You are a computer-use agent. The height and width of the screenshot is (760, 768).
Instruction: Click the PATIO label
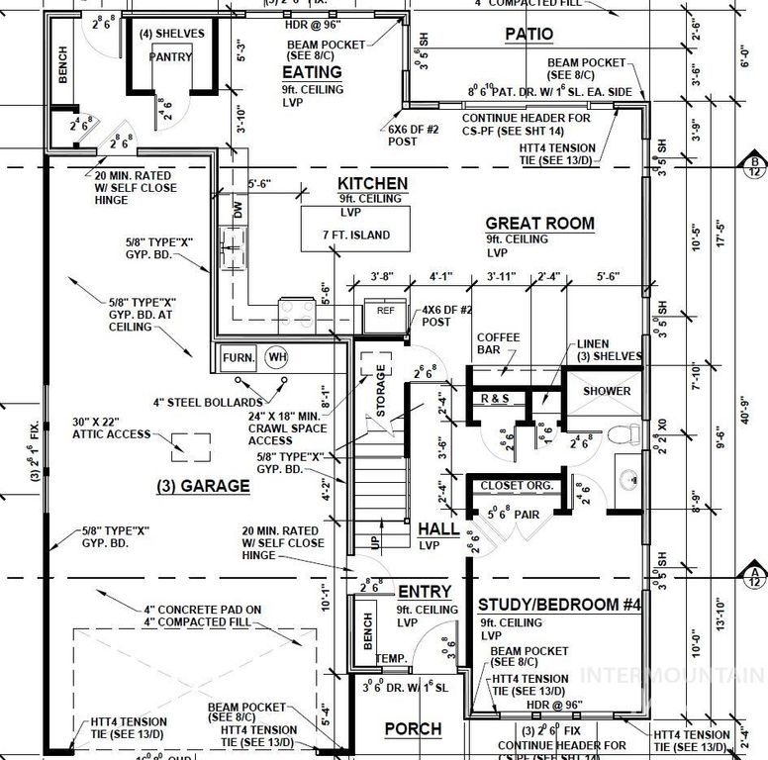[x=529, y=34]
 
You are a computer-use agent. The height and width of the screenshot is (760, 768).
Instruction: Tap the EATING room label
[x=312, y=72]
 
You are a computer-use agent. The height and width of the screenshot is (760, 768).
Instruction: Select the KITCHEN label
[x=372, y=183]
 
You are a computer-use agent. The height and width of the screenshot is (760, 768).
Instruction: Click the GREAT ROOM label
[x=540, y=223]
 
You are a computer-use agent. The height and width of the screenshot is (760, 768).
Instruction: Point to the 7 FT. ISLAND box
[x=356, y=235]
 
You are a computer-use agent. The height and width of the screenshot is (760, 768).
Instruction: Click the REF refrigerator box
[x=385, y=309]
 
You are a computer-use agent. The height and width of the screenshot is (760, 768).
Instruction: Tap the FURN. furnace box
[x=239, y=357]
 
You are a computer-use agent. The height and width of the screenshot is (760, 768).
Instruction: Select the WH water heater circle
[x=276, y=357]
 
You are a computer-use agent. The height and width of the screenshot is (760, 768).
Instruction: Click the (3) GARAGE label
[x=201, y=486]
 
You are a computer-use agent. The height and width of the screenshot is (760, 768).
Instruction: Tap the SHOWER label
[x=607, y=391]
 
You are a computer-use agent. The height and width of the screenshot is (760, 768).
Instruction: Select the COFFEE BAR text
[x=498, y=343]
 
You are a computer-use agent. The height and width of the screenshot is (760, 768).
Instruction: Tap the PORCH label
[x=413, y=729]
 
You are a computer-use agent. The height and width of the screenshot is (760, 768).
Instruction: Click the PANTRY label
[x=170, y=57]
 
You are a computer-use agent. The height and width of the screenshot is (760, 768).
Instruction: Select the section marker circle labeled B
[x=754, y=163]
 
